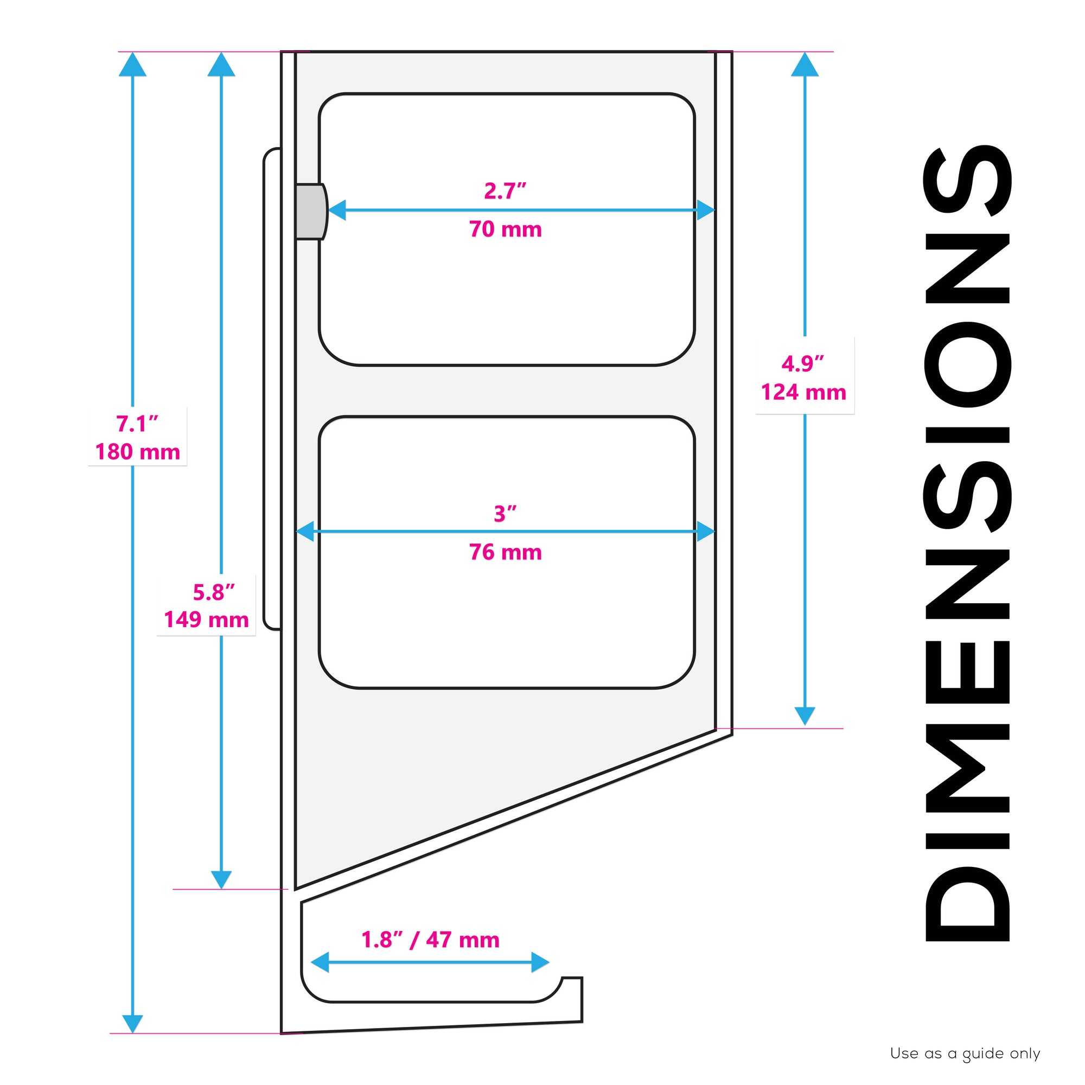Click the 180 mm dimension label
coord(138,451)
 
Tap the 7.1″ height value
coord(138,424)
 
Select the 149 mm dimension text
coord(206,620)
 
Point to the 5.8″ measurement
coord(214,592)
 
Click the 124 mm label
coord(803,392)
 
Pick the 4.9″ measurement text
coord(803,364)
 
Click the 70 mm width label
coord(506,229)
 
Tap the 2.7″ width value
coord(506,191)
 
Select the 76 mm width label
coord(506,552)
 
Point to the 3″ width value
coord(506,513)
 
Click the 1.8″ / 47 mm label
coord(430,940)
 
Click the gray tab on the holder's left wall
coord(310,212)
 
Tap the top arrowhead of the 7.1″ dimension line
coord(132,64)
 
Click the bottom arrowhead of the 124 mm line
coord(805,716)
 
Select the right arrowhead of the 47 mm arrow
coord(539,962)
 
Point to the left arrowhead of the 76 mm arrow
coord(305,531)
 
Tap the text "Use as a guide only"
coord(965,1054)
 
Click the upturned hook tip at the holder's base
coord(573,994)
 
